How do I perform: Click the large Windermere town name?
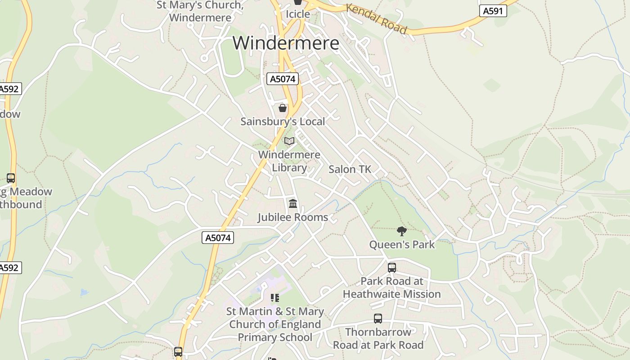pos(286,43)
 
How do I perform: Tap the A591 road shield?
pos(492,11)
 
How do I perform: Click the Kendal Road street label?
pos(376,18)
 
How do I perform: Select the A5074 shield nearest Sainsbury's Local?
pos(283,79)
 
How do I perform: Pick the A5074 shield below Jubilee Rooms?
pos(218,238)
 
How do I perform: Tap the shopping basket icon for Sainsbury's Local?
pos(283,108)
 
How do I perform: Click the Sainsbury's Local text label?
pos(283,121)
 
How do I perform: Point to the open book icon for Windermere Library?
pos(289,141)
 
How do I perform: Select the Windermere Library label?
pos(289,161)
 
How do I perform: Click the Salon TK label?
pos(350,169)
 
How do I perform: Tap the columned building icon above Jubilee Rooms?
pos(293,204)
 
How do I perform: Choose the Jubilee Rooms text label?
pos(292,217)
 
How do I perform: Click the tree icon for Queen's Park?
pos(402,231)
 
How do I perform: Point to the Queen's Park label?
pos(402,245)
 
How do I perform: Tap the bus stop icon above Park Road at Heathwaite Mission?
pos(392,268)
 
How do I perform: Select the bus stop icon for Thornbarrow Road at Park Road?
pos(378,319)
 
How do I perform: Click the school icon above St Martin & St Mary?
pos(274,297)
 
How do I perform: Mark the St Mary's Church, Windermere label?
pos(200,11)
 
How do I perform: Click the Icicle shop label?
pos(298,14)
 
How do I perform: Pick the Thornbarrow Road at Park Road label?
pos(378,338)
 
